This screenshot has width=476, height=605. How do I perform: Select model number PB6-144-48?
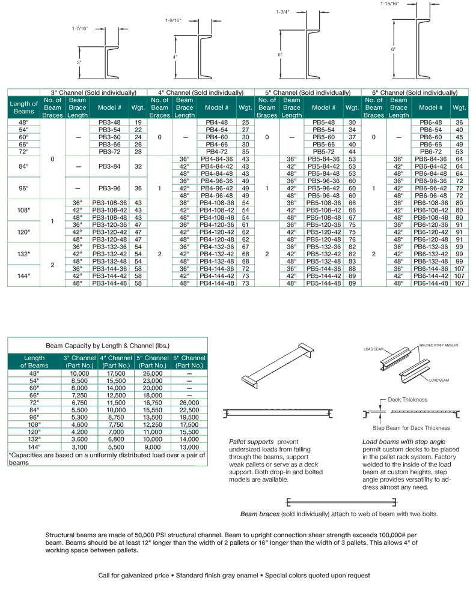click(x=431, y=283)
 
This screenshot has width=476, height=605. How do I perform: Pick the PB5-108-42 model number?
click(x=323, y=211)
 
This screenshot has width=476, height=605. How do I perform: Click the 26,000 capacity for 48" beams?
click(x=153, y=373)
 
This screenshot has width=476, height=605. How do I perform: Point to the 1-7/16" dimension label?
click(x=79, y=28)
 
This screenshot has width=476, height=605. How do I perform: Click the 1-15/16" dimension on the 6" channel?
click(x=389, y=4)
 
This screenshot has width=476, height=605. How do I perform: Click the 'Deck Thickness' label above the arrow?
click(x=407, y=399)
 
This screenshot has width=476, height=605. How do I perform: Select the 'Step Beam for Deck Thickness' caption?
click(x=411, y=428)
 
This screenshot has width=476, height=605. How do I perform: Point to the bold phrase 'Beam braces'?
click(x=257, y=514)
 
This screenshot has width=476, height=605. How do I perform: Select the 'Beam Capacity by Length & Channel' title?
click(x=108, y=346)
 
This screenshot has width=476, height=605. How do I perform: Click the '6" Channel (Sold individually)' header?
click(x=415, y=92)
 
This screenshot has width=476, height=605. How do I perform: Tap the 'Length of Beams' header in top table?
click(x=24, y=107)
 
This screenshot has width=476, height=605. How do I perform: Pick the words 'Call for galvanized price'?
click(x=133, y=576)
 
